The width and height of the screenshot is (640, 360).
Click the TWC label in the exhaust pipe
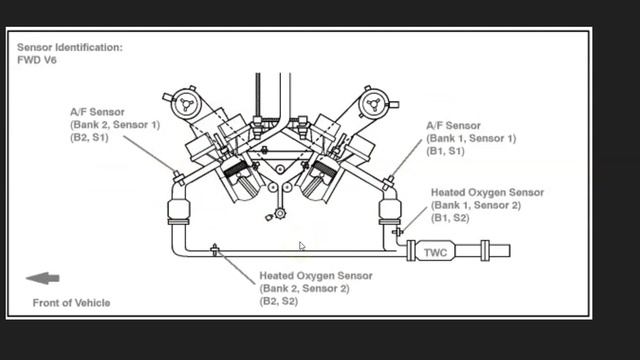click(x=434, y=252)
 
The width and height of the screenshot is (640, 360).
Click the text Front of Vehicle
click(x=71, y=302)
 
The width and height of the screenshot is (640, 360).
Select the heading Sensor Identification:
click(x=69, y=47)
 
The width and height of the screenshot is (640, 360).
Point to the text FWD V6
click(x=38, y=60)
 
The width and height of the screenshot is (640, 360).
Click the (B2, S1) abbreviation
click(x=89, y=137)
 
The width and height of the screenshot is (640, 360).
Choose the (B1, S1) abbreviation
click(x=445, y=151)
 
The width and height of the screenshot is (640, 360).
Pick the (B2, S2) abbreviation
click(x=279, y=300)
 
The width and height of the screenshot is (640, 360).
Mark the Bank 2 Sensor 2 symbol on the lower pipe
click(x=214, y=249)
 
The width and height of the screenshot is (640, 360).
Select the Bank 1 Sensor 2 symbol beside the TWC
click(x=397, y=232)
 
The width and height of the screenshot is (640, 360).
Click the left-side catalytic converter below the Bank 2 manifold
click(x=178, y=212)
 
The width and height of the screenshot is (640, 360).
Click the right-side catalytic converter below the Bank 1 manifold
click(x=387, y=211)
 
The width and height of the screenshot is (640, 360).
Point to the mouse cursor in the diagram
click(x=301, y=246)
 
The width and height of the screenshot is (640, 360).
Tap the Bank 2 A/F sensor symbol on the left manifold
click(x=177, y=177)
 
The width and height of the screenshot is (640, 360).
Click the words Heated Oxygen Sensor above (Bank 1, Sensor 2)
click(x=487, y=192)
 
